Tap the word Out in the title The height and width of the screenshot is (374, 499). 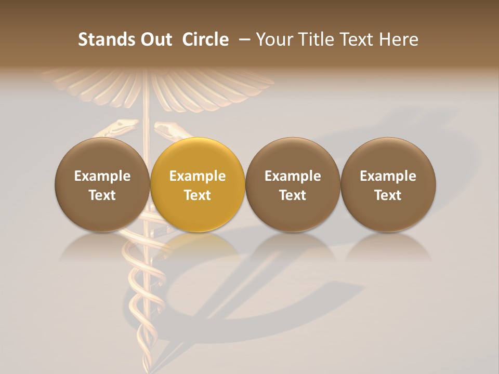point(155,39)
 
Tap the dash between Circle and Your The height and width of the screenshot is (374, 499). point(242,39)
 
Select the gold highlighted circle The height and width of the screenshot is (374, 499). point(198,184)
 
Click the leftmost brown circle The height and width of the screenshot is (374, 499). point(102,184)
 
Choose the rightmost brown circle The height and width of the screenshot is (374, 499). point(388,184)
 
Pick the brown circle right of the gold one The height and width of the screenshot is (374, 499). point(293,184)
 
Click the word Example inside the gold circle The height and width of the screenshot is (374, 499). point(198,176)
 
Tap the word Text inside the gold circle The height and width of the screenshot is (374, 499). point(198,195)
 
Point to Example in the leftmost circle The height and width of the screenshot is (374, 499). point(102,176)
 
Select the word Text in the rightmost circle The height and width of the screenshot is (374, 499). point(388,195)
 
